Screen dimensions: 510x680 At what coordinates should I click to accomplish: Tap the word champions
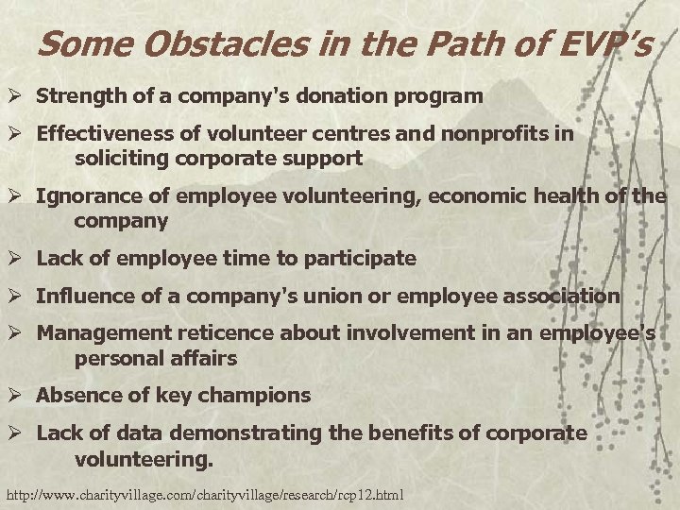coord(256,395)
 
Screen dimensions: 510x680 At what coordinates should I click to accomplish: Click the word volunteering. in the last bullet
coord(144,458)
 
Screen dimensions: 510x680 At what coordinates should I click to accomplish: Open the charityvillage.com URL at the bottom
coord(204,494)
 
